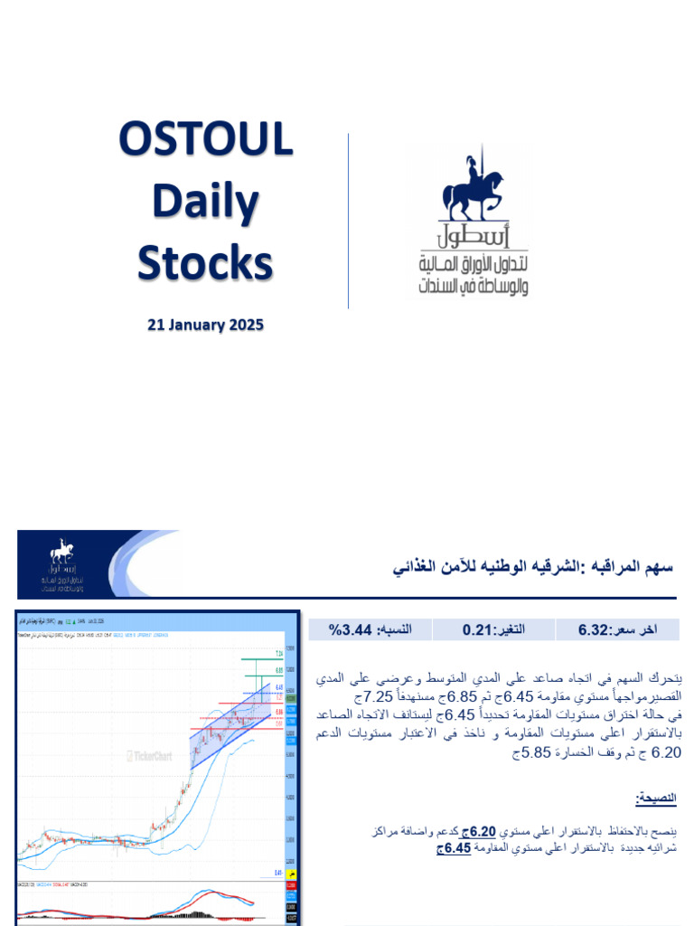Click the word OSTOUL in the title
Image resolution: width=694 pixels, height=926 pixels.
tap(206, 141)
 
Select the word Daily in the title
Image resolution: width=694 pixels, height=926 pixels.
tap(206, 202)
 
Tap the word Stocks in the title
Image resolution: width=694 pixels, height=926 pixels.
tap(205, 263)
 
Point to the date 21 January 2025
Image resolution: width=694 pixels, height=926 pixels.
tap(206, 325)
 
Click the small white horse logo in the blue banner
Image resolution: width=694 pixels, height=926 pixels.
tap(62, 551)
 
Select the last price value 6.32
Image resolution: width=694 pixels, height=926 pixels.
tap(605, 628)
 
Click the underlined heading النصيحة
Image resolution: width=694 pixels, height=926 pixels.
tap(656, 798)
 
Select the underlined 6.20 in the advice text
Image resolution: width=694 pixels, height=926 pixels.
tap(482, 831)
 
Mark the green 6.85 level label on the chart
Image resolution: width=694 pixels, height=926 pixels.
tap(279, 670)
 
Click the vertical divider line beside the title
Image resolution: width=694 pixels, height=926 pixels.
tap(349, 221)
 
